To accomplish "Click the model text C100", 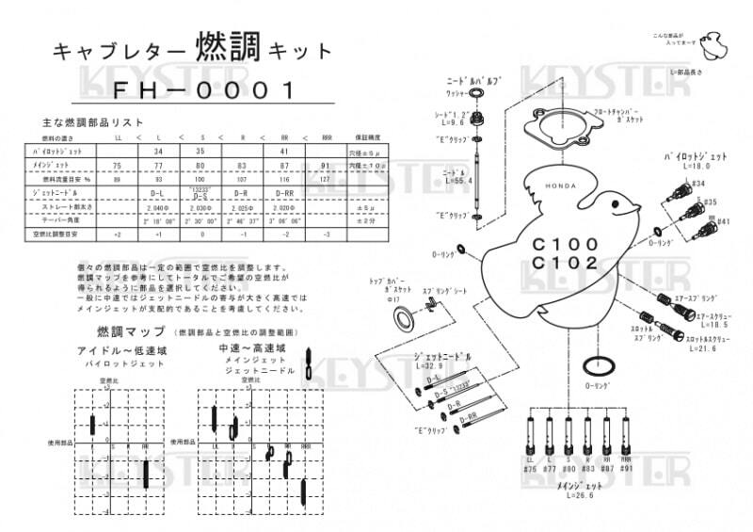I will point(565,243).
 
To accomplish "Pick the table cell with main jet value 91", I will point(326,165).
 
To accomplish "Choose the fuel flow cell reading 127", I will point(326,179).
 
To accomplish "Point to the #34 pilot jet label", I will point(697,184).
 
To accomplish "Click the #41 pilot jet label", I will point(723,221).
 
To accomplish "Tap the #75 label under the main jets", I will point(531,468).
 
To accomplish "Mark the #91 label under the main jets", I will point(625,468).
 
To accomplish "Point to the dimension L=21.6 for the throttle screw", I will point(701,347).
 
